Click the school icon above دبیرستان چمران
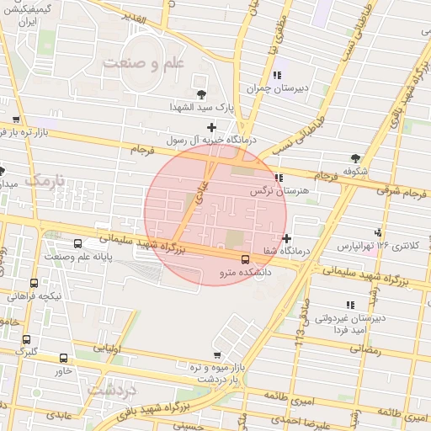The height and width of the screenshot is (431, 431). [x=277, y=75]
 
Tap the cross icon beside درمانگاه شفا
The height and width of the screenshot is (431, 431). [x=287, y=238]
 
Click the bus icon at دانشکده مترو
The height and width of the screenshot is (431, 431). [x=245, y=259]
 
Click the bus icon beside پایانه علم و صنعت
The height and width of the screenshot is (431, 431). [x=78, y=243]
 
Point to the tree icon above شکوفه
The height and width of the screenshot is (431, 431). [x=356, y=157]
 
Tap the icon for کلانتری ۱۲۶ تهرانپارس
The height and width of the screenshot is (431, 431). [x=378, y=232]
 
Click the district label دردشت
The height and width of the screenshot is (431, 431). [x=112, y=391]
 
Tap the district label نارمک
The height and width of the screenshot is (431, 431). [x=45, y=181]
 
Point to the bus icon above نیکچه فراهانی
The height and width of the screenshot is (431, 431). [x=34, y=283]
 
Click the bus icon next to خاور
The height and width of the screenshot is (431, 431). [x=62, y=358]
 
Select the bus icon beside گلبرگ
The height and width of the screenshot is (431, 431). [x=24, y=339]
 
